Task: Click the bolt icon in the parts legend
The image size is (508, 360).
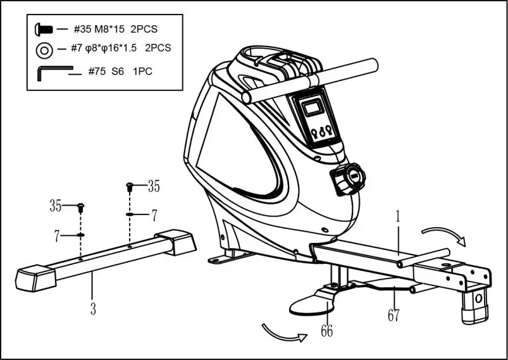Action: pos(43,28)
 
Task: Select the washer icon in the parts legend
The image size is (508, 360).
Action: pos(44,49)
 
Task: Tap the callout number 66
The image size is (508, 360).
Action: pos(326,331)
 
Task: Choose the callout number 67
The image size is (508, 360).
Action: pos(393,315)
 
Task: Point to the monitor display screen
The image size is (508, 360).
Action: pos(311,108)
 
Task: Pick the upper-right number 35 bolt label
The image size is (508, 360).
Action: pos(154,186)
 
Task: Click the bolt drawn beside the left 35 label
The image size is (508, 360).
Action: pos(81,208)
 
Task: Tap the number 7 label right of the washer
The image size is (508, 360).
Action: pos(154,215)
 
